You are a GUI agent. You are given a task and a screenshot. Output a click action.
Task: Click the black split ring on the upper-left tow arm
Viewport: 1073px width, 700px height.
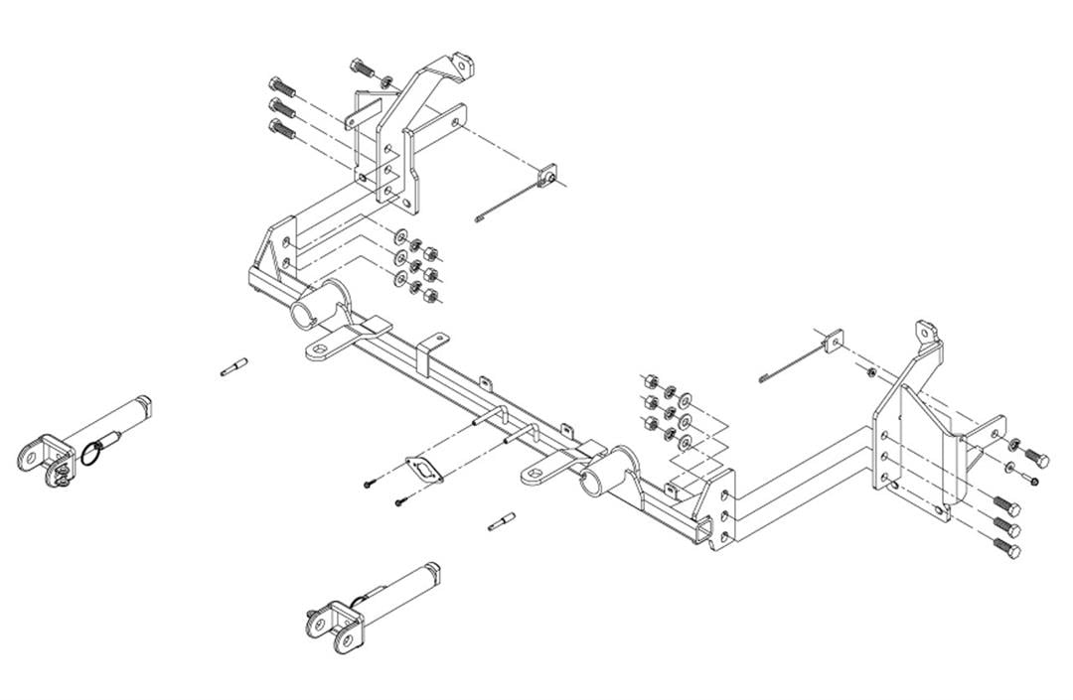coord(91,452)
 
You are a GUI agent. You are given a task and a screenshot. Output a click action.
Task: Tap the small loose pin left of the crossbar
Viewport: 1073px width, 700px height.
coord(234,367)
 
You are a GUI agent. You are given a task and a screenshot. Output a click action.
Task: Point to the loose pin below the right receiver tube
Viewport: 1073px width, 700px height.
coord(503,520)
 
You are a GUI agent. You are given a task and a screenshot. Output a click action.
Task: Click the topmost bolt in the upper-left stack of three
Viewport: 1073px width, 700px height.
coord(280,85)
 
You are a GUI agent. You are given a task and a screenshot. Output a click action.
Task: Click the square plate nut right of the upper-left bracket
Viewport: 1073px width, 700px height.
coord(547,176)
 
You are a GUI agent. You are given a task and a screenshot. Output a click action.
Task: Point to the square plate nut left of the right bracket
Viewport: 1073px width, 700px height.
coord(833,339)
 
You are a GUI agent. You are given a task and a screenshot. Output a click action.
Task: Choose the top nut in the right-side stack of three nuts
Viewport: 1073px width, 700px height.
coord(646,382)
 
